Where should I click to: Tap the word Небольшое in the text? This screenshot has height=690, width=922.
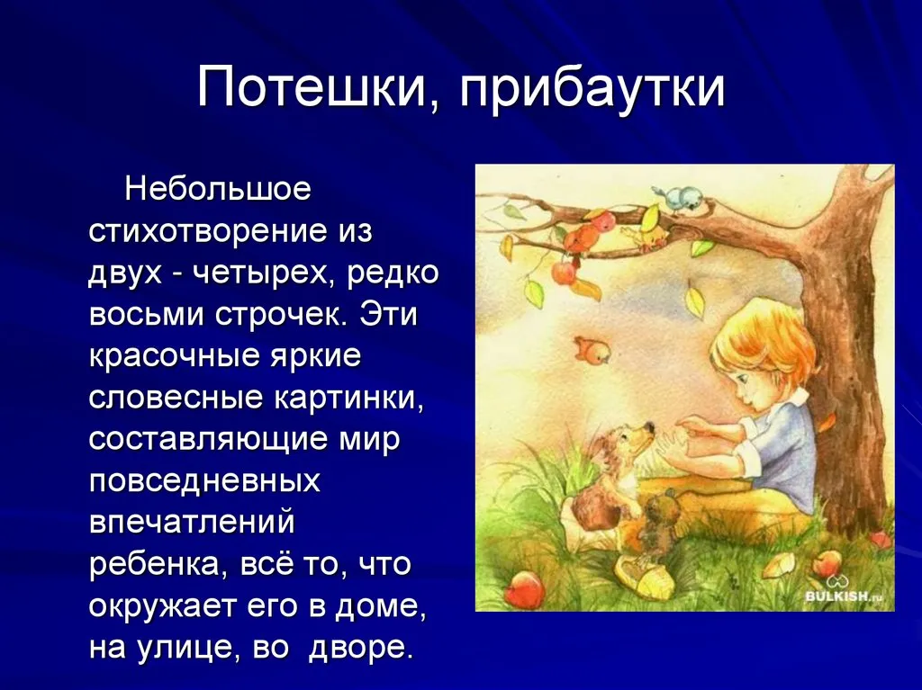click(218, 189)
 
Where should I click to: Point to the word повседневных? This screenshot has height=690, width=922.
click(204, 481)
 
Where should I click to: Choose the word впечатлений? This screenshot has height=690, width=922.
click(192, 523)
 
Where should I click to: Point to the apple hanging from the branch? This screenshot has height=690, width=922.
click(564, 272)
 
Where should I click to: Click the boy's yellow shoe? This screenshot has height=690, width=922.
click(644, 576)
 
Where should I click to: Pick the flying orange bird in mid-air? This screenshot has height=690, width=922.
click(592, 350)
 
